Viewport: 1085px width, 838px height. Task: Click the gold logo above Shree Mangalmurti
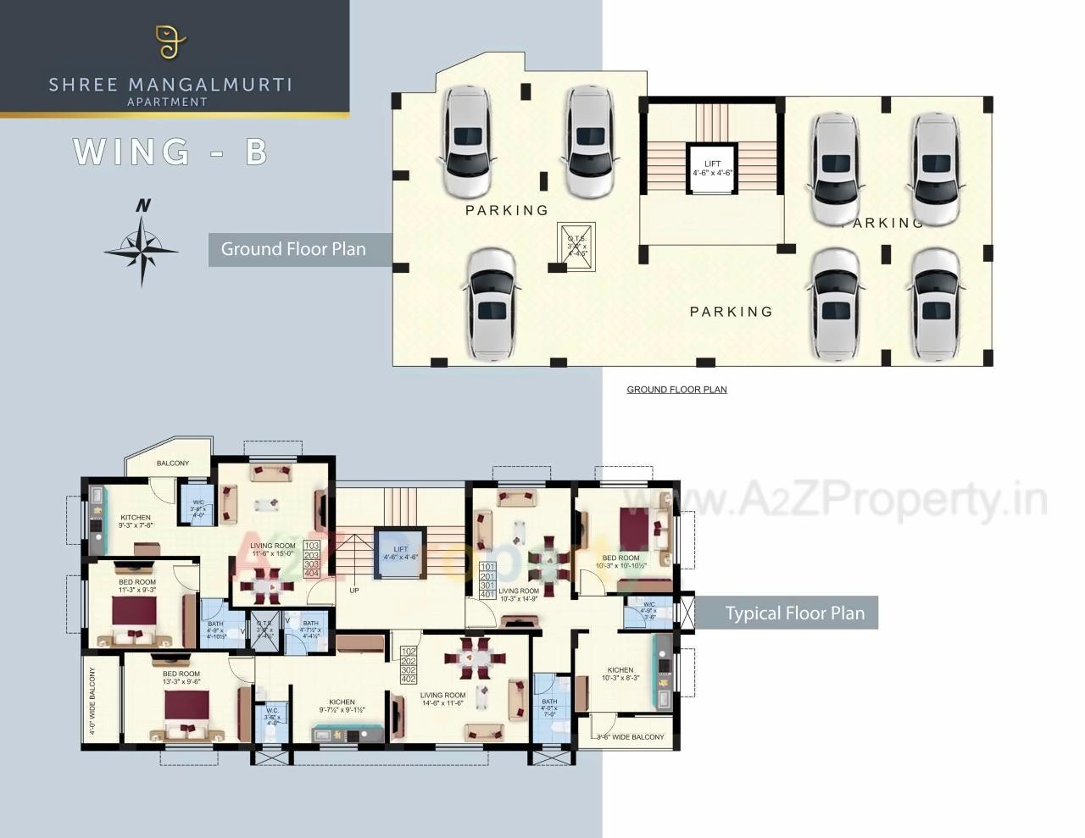point(170,42)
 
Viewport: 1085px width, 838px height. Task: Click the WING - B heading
point(170,152)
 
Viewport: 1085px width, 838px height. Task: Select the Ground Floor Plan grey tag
point(293,249)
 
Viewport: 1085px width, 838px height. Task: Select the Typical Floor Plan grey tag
point(794,613)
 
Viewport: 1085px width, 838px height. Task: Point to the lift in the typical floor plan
point(400,553)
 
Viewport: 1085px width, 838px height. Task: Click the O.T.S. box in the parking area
point(577,247)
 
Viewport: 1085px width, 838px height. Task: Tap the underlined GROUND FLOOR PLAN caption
point(676,390)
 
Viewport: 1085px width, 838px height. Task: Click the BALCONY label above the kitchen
point(172,463)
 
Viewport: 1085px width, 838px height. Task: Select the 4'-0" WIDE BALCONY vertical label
point(92,701)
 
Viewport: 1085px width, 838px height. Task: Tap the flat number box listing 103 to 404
point(312,559)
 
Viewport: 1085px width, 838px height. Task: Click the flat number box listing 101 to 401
point(487,580)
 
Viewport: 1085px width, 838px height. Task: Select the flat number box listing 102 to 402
point(409,665)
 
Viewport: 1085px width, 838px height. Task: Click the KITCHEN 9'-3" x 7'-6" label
point(136,521)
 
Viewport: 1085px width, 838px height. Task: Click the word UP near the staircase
point(354,591)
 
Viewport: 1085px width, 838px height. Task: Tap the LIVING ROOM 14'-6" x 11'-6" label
point(442,699)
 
